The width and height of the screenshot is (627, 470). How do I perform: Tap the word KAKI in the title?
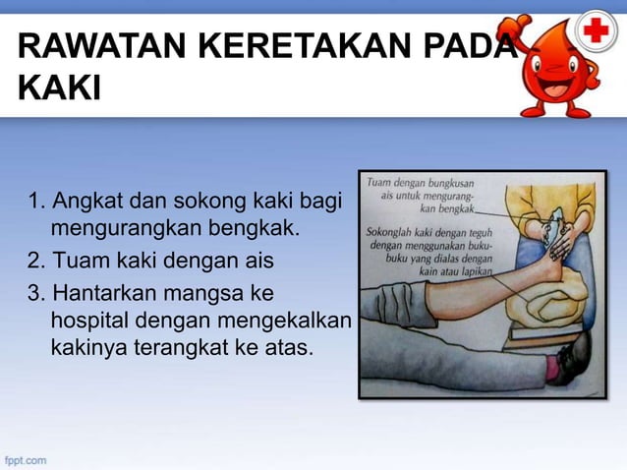[59, 91]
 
